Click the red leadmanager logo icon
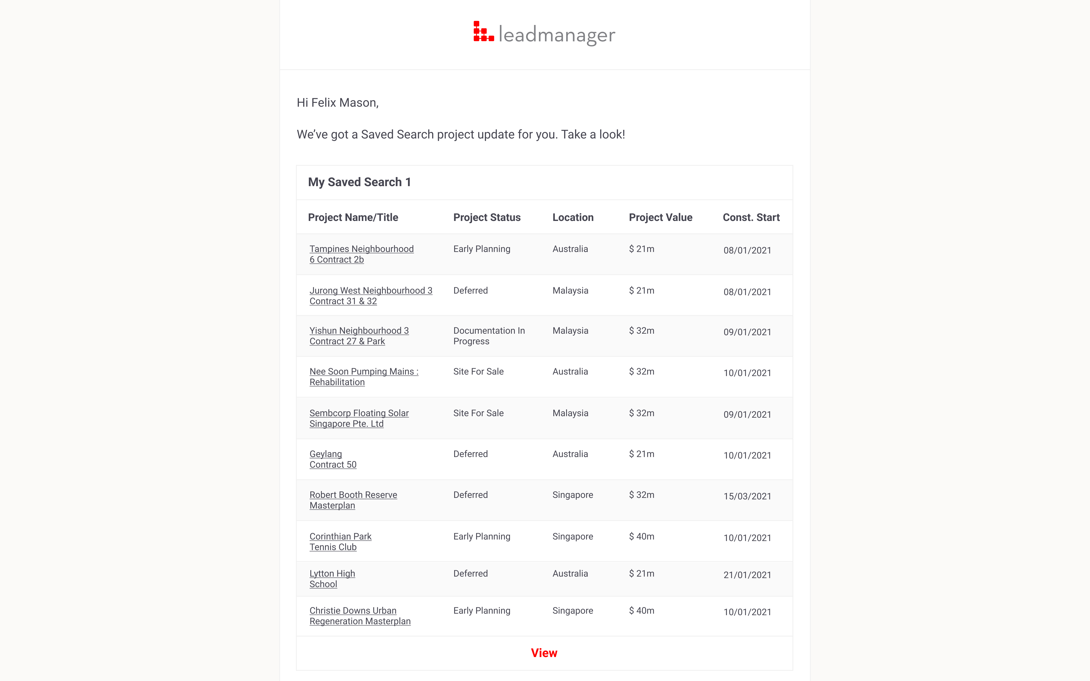[x=483, y=32]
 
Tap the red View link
[x=544, y=653]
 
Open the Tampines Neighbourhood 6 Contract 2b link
[x=361, y=254]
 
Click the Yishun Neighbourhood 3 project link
[x=359, y=336]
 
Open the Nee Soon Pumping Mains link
[x=364, y=377]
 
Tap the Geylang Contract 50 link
[x=333, y=459]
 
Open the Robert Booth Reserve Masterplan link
[x=353, y=500]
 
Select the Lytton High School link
[x=332, y=579]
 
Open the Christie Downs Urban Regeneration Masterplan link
[x=360, y=616]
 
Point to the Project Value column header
[x=660, y=217]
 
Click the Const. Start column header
[x=751, y=217]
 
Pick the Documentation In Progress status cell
[x=489, y=336]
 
